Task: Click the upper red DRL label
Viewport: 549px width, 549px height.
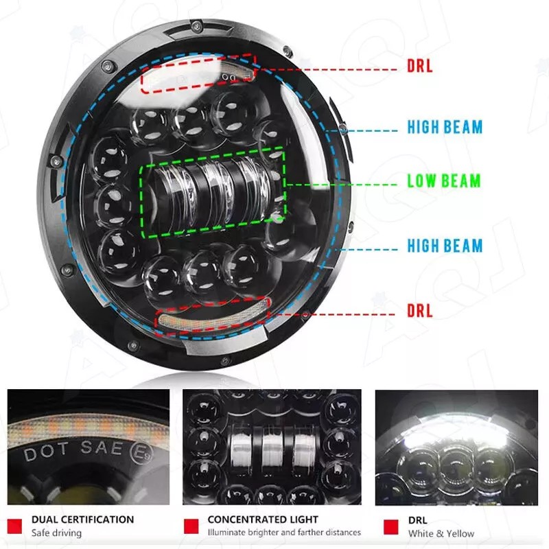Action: pos(420,66)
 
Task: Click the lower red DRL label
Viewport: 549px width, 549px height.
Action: pos(420,311)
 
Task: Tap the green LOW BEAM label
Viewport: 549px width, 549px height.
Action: pos(444,181)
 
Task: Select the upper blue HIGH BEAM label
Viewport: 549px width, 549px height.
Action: pos(445,127)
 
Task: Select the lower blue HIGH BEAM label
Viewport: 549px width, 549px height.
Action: pos(445,246)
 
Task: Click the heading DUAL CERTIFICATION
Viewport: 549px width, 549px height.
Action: pos(82,519)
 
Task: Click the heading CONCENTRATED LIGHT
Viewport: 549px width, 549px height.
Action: pos(263,519)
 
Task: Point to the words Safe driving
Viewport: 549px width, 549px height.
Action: pos(56,533)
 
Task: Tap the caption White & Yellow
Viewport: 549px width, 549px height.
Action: pos(441,534)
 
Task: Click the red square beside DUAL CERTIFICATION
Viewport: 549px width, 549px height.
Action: pos(14,526)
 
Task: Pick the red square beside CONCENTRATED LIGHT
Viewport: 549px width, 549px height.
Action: pos(191,526)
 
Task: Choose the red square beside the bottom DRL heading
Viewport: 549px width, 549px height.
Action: pos(390,527)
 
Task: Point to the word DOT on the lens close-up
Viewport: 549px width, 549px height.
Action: pos(45,454)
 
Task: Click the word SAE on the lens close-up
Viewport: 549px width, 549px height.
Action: pos(102,448)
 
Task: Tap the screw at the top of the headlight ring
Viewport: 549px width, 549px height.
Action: pos(197,25)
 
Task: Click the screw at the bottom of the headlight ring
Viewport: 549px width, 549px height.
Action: pos(225,360)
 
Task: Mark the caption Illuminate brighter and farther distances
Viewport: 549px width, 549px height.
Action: pos(284,533)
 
